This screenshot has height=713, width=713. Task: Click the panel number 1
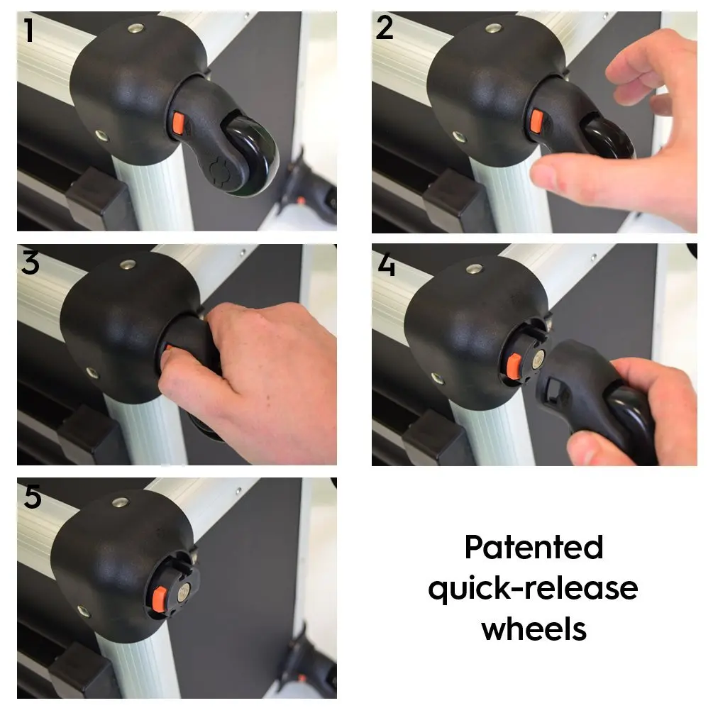point(29,30)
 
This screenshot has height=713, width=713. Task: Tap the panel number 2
point(385,28)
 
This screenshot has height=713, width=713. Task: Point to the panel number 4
point(386,265)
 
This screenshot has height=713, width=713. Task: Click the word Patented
point(534,547)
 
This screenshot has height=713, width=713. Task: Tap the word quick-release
point(533,589)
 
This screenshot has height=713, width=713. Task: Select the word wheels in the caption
point(534,629)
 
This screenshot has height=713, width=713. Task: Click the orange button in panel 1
point(177,124)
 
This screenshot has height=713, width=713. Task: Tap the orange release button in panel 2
point(537,121)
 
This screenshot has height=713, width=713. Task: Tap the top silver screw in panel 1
point(136,28)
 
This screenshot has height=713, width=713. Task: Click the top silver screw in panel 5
point(120,502)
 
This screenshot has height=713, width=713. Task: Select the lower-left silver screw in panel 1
point(101,135)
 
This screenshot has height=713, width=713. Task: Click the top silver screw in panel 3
point(128,265)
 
